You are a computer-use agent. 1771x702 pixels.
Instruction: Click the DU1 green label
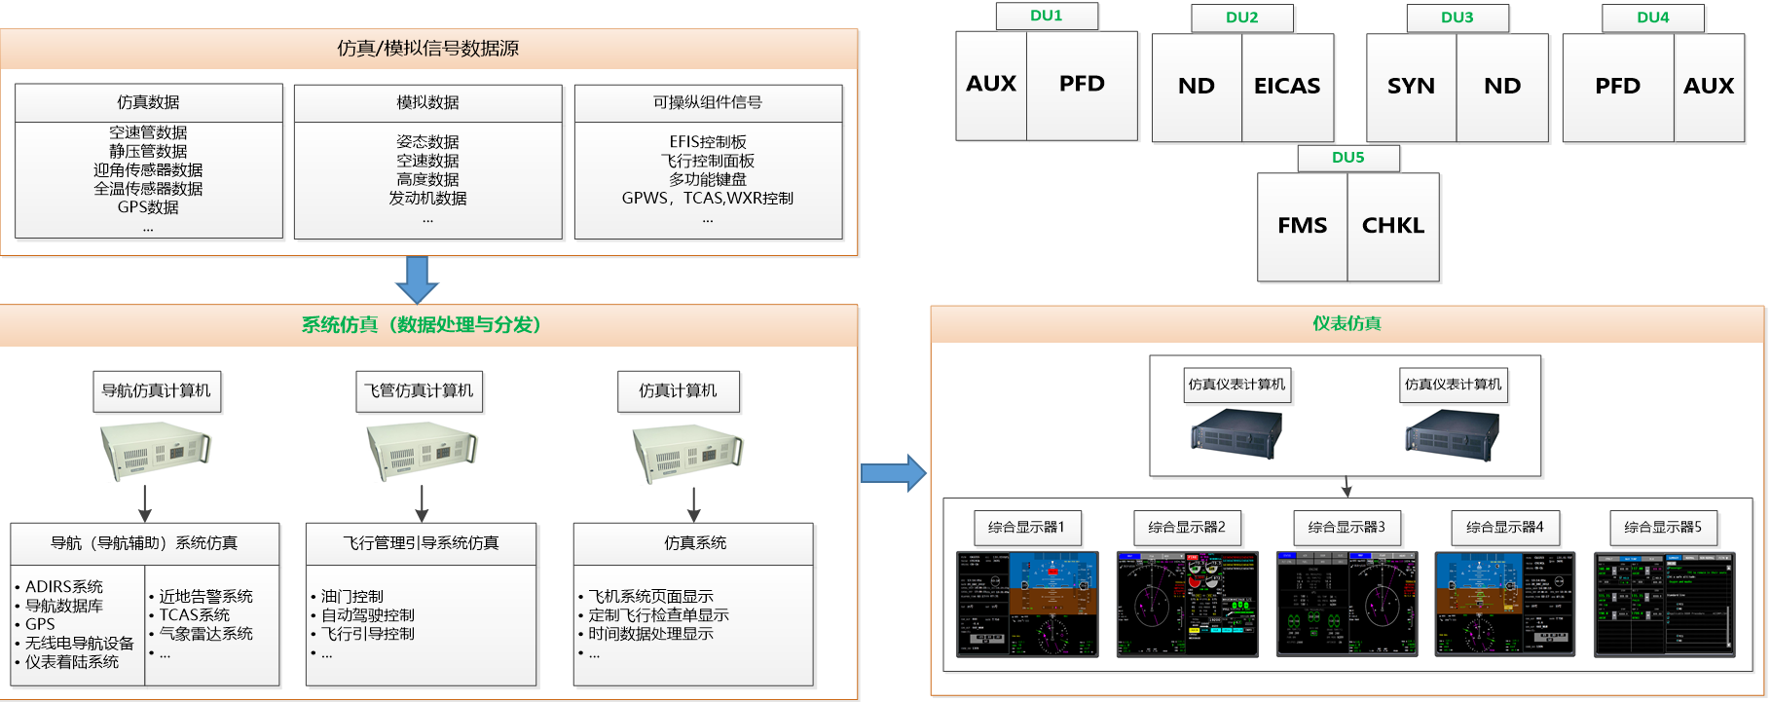(1047, 16)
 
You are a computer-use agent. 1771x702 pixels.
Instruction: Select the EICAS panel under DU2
(1287, 87)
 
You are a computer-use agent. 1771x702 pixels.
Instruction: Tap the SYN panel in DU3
(1411, 87)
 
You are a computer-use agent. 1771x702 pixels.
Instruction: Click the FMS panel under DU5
(1302, 226)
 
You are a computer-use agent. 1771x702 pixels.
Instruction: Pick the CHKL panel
(1392, 226)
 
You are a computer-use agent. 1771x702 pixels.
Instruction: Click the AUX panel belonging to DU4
(1708, 87)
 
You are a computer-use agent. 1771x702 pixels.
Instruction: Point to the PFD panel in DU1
(1082, 85)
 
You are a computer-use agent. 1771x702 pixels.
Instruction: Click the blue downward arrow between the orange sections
(417, 279)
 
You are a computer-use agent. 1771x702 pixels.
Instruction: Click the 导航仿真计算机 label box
(156, 391)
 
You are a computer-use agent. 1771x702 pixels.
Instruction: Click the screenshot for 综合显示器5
(1665, 605)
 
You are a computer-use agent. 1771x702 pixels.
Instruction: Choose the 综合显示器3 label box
(1347, 528)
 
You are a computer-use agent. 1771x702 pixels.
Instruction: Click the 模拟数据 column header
(427, 103)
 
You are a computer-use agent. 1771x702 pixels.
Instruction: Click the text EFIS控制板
(708, 142)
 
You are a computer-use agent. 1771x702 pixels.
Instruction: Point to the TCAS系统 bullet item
(195, 615)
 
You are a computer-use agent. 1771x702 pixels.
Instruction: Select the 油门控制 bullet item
(352, 596)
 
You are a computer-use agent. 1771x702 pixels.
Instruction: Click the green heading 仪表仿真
(1347, 324)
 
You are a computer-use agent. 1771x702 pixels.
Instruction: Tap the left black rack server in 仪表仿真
(1236, 434)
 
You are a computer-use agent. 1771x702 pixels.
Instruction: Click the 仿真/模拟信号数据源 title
(427, 49)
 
